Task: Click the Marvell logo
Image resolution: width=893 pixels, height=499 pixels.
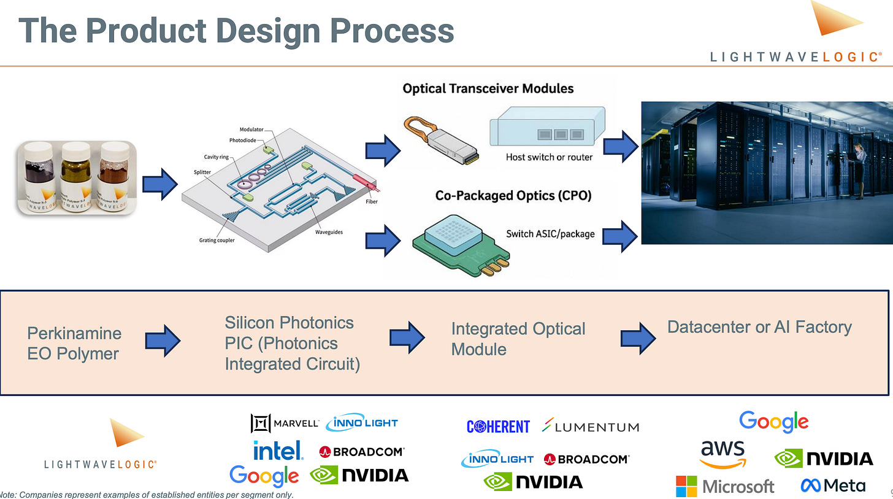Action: point(285,423)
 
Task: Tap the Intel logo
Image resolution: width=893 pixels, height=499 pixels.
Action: point(278,451)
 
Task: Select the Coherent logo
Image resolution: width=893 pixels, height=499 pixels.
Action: point(497,427)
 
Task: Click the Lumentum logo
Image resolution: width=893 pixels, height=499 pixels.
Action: point(591,426)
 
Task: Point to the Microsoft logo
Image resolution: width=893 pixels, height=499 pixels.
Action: point(725,486)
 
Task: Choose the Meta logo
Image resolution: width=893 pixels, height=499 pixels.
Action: point(833,485)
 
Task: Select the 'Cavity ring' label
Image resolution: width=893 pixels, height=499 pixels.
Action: point(215,157)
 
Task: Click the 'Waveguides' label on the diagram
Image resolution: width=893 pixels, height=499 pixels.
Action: point(329,233)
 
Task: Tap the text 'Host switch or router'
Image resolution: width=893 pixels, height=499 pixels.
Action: point(549,157)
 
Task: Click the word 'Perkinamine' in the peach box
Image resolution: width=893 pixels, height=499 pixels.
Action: point(74,333)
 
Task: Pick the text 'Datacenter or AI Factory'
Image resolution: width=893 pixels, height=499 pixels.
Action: point(759,327)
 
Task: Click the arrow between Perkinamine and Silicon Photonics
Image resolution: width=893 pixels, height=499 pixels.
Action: point(163,339)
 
